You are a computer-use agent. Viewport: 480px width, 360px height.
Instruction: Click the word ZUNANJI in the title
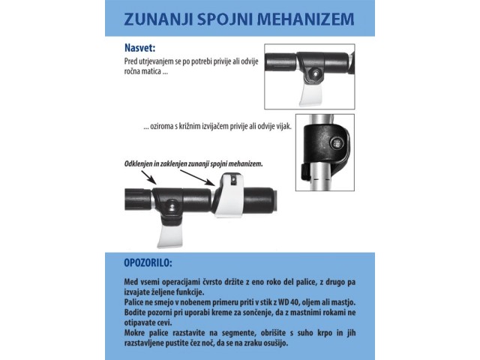pyautogui.click(x=158, y=19)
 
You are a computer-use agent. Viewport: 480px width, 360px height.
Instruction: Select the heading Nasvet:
pyautogui.click(x=140, y=48)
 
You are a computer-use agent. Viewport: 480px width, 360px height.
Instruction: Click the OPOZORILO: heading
pyautogui.click(x=148, y=262)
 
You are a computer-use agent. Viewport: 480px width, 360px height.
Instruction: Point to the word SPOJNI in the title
pyautogui.click(x=225, y=19)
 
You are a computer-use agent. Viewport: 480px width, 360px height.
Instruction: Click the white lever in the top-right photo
pyautogui.click(x=310, y=94)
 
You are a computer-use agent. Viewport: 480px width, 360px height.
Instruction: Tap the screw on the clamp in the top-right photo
pyautogui.click(x=315, y=73)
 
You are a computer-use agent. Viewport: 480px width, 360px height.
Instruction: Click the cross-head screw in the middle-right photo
pyautogui.click(x=337, y=142)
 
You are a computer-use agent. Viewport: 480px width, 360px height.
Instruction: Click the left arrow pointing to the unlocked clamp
pyautogui.click(x=148, y=178)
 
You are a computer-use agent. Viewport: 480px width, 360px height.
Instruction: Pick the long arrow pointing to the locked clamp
pyautogui.click(x=197, y=178)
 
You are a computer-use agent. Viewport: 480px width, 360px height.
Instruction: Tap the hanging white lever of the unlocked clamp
pyautogui.click(x=170, y=235)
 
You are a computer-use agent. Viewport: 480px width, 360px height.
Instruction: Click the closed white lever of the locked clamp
pyautogui.click(x=229, y=195)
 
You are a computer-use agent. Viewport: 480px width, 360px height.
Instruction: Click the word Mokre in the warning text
pyautogui.click(x=133, y=333)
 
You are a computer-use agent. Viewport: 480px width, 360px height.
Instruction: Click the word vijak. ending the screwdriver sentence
pyautogui.click(x=283, y=127)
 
